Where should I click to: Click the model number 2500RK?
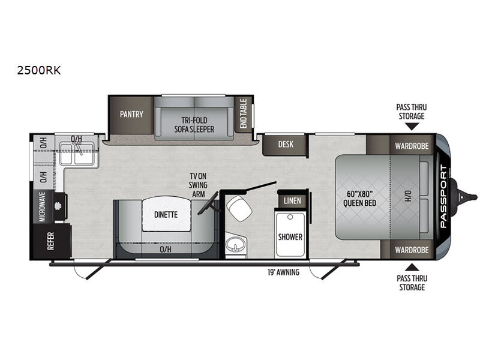[39, 70]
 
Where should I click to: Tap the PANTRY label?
[131, 114]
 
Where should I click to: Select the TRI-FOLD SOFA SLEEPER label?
[194, 125]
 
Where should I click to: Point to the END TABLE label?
[244, 113]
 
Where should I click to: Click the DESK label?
[286, 144]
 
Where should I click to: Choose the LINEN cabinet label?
[292, 201]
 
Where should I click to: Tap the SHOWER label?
[290, 237]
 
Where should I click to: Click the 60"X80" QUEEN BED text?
[359, 199]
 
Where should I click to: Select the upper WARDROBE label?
[412, 146]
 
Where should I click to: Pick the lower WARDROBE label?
[412, 250]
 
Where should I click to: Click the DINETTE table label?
[166, 215]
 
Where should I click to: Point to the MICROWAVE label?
[42, 206]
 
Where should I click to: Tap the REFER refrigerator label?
[51, 241]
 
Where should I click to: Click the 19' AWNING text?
[283, 272]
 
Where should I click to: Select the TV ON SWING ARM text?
[198, 185]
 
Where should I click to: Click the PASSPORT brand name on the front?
[443, 196]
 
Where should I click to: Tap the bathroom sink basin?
[235, 245]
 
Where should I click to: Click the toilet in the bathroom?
[239, 208]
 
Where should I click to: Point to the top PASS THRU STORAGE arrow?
[412, 127]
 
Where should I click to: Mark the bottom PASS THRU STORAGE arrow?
[412, 267]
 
